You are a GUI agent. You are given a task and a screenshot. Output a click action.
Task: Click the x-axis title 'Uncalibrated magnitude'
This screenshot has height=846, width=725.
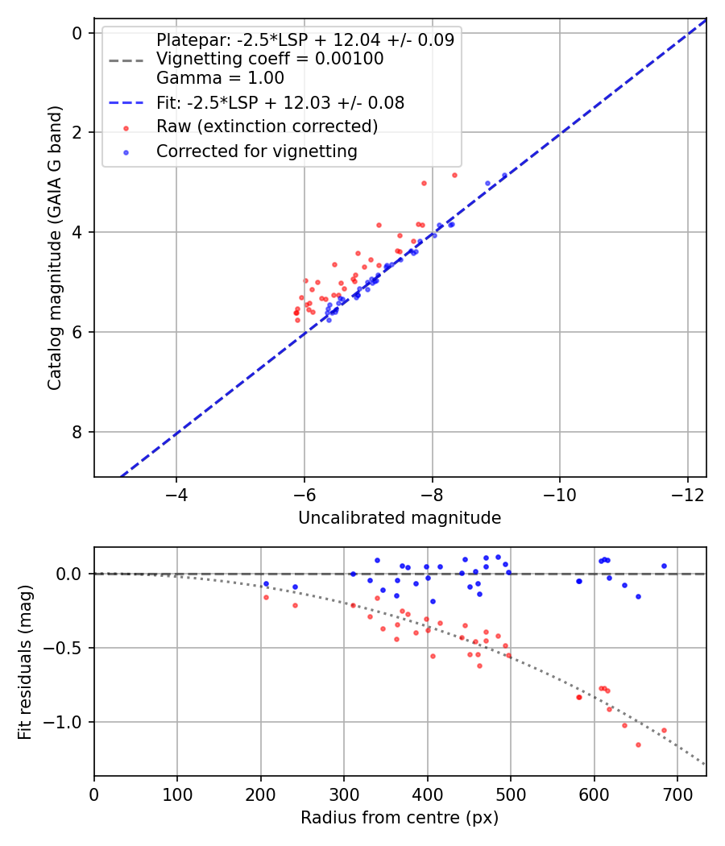point(400,518)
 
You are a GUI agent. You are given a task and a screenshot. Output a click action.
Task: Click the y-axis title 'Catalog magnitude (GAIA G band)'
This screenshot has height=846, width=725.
point(55,248)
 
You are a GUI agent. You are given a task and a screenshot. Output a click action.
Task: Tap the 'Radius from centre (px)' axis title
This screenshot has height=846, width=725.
point(400,818)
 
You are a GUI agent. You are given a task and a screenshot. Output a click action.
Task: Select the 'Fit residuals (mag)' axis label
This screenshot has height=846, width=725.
point(25,662)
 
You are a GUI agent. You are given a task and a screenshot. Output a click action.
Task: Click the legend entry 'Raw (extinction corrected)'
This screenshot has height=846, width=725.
point(267,126)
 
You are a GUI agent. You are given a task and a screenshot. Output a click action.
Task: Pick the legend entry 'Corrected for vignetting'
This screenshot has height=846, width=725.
point(257,151)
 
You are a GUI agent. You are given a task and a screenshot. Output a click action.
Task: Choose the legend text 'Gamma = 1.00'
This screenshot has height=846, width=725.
point(220,77)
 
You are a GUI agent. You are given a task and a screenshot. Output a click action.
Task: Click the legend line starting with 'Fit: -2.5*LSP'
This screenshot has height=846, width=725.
point(280,102)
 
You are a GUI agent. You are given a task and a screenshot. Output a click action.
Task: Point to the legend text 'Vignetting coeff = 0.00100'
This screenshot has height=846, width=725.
point(270,58)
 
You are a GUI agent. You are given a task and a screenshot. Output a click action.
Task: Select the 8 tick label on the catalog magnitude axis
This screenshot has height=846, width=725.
point(77,432)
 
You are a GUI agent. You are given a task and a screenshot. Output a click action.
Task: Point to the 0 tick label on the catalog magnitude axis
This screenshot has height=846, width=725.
point(77,34)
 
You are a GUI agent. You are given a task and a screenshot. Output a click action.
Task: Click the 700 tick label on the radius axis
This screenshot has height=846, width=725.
point(677,794)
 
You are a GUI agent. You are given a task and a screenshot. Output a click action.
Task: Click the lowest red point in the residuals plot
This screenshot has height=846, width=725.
point(638,745)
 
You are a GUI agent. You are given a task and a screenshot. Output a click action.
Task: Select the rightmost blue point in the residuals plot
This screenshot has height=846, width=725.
point(664,566)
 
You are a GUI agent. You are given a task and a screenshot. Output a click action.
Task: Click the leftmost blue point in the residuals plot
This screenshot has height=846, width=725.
point(266,584)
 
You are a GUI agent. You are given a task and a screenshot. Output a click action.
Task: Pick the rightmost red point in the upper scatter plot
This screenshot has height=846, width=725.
point(455,176)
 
